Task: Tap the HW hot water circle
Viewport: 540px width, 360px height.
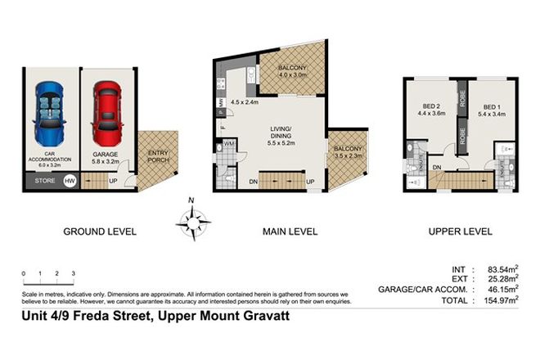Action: pos(70,181)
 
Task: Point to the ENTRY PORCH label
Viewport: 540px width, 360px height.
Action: pos(157,156)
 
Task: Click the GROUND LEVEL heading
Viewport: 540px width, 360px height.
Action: pos(100,232)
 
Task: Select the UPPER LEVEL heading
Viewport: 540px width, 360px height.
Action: pos(461,232)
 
